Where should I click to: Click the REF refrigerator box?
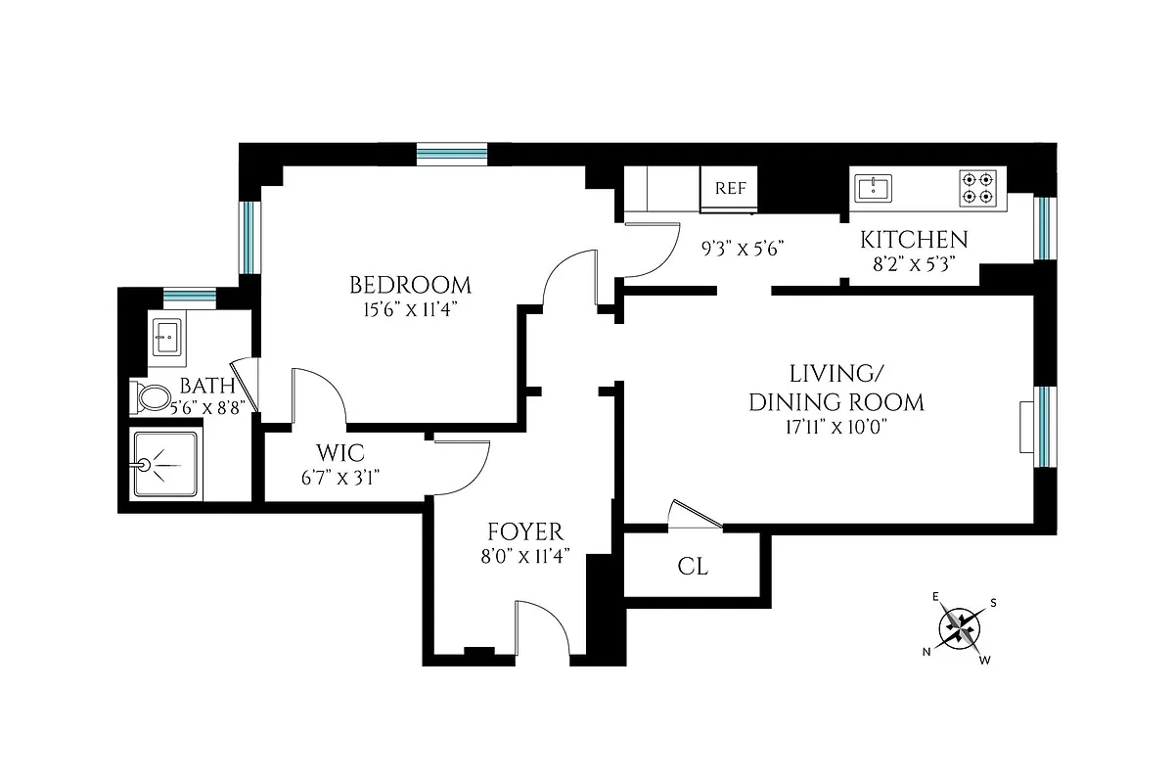pyautogui.click(x=730, y=189)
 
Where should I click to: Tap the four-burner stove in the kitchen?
pyautogui.click(x=979, y=188)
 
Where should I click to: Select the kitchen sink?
pyautogui.click(x=873, y=188)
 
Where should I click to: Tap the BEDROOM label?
pyautogui.click(x=410, y=285)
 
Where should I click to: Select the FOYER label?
pyautogui.click(x=525, y=531)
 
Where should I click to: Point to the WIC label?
pyautogui.click(x=339, y=453)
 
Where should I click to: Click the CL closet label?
pyautogui.click(x=693, y=567)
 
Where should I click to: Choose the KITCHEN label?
pyautogui.click(x=914, y=240)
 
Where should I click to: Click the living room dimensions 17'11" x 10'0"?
pyautogui.click(x=835, y=427)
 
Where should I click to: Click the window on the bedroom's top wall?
pyautogui.click(x=451, y=154)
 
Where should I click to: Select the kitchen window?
pyautogui.click(x=1045, y=229)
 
